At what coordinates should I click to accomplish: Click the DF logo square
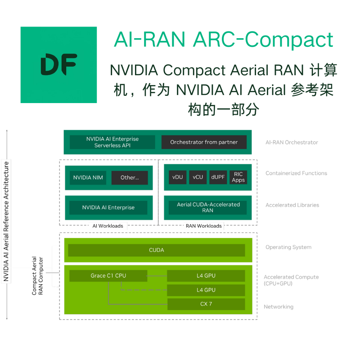[x=58, y=65]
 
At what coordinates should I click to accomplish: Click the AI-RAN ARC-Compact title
[x=224, y=40]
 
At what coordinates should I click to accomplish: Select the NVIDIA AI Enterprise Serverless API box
[x=112, y=142]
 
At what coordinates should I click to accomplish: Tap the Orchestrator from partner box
[x=204, y=142]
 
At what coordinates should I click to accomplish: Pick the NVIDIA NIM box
[x=88, y=178]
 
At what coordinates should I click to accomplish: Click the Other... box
[x=130, y=178]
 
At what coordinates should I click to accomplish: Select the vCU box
[x=198, y=177]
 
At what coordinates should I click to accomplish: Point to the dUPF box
[x=218, y=177]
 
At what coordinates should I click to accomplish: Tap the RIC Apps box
[x=238, y=177]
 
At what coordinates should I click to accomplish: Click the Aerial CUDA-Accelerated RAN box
[x=208, y=207]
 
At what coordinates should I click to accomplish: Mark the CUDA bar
[x=157, y=250]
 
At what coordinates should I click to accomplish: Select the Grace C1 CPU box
[x=108, y=275]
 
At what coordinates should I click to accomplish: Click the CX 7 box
[x=206, y=304]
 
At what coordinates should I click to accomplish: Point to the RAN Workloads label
[x=204, y=226]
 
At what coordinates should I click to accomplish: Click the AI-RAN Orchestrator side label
[x=292, y=143]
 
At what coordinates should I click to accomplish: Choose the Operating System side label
[x=288, y=247]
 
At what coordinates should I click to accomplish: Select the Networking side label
[x=279, y=307]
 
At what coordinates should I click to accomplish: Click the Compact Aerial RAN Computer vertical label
[x=37, y=276]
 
